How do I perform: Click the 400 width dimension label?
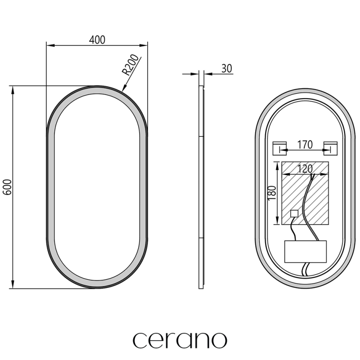pos(97,40)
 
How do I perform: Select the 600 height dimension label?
pos(8,187)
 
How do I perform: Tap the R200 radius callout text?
pos(130,65)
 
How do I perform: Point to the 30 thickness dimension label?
pos(227,68)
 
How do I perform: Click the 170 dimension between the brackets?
pos(305,144)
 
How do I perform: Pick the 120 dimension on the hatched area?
pos(305,169)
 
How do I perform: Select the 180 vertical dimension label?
pos(272,193)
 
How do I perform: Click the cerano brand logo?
pos(180,340)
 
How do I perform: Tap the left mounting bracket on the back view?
pos(279,148)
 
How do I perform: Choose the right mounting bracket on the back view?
pos(330,148)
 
